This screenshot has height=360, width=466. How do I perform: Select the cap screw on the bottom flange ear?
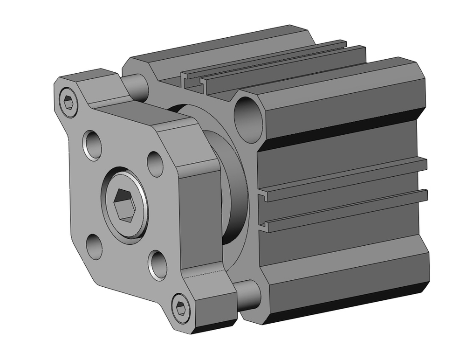[x=180, y=308]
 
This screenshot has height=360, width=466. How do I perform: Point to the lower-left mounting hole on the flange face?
[x=94, y=247]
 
